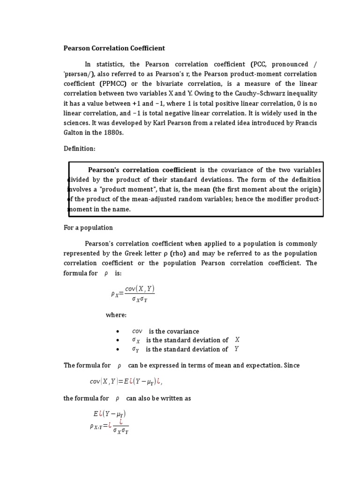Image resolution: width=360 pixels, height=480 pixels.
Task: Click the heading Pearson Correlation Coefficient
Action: click(114, 48)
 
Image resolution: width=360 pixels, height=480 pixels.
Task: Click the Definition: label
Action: click(80, 149)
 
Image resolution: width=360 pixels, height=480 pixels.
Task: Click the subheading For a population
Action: click(88, 228)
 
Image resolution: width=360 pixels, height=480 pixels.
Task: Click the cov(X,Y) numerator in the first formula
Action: click(140, 290)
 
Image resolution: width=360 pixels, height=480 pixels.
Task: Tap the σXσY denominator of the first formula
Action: click(140, 299)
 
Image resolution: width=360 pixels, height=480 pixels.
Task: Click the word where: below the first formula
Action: click(116, 315)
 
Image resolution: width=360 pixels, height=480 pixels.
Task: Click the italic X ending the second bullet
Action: click(237, 340)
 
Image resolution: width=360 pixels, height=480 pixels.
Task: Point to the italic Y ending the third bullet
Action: click(236, 349)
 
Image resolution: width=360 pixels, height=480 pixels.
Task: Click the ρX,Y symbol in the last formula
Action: click(97, 426)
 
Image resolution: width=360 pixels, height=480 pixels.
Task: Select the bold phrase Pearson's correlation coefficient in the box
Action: click(142, 170)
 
